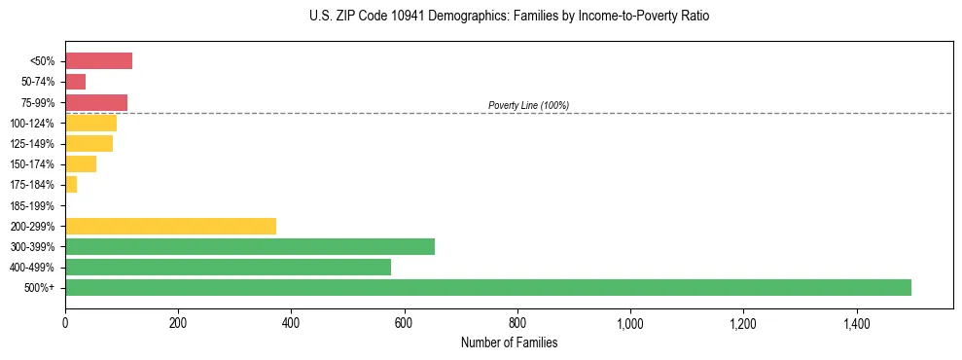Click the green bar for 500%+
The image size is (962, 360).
pyautogui.click(x=487, y=287)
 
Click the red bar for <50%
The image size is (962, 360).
pyautogui.click(x=98, y=61)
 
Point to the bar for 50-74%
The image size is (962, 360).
pyautogui.click(x=75, y=82)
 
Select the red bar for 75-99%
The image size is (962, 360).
pyautogui.click(x=96, y=102)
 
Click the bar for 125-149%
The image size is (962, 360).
pyautogui.click(x=89, y=144)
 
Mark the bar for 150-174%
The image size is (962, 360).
pyautogui.click(x=81, y=164)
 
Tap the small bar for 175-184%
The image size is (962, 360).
pyautogui.click(x=71, y=185)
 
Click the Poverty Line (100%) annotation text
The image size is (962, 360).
pyautogui.click(x=528, y=105)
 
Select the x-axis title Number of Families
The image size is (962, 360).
pyautogui.click(x=509, y=342)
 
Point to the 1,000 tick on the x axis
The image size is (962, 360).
pyautogui.click(x=630, y=323)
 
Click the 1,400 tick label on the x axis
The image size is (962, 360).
pyautogui.click(x=856, y=323)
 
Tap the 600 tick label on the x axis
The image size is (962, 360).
pyautogui.click(x=404, y=323)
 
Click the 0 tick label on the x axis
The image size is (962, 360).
pyautogui.click(x=65, y=323)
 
